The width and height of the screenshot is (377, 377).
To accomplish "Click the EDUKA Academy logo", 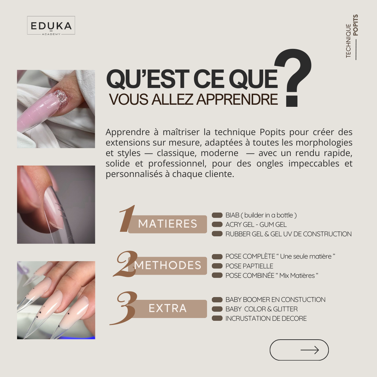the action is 51,25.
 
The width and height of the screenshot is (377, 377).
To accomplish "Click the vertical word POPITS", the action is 355,25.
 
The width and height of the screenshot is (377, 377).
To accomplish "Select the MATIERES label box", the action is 168,224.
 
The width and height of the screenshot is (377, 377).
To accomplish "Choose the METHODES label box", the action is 168,266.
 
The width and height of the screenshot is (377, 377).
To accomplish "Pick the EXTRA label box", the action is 168,309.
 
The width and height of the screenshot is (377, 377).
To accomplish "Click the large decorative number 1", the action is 127,219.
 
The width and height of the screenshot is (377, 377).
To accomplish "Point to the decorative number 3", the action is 124,308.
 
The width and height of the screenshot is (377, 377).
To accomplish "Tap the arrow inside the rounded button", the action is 310,350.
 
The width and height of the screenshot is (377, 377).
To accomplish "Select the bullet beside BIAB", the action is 217,215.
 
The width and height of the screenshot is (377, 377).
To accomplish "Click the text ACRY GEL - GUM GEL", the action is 256,225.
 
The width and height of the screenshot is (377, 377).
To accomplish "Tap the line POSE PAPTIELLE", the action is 249,266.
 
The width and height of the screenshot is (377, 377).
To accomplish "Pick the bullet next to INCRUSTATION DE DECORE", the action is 217,318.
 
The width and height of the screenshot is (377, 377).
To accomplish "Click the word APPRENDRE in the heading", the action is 237,99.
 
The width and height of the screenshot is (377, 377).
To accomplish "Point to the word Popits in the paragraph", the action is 272,132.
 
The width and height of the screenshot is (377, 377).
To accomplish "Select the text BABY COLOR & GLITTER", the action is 262,309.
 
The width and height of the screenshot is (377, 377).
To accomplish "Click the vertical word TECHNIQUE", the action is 348,41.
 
